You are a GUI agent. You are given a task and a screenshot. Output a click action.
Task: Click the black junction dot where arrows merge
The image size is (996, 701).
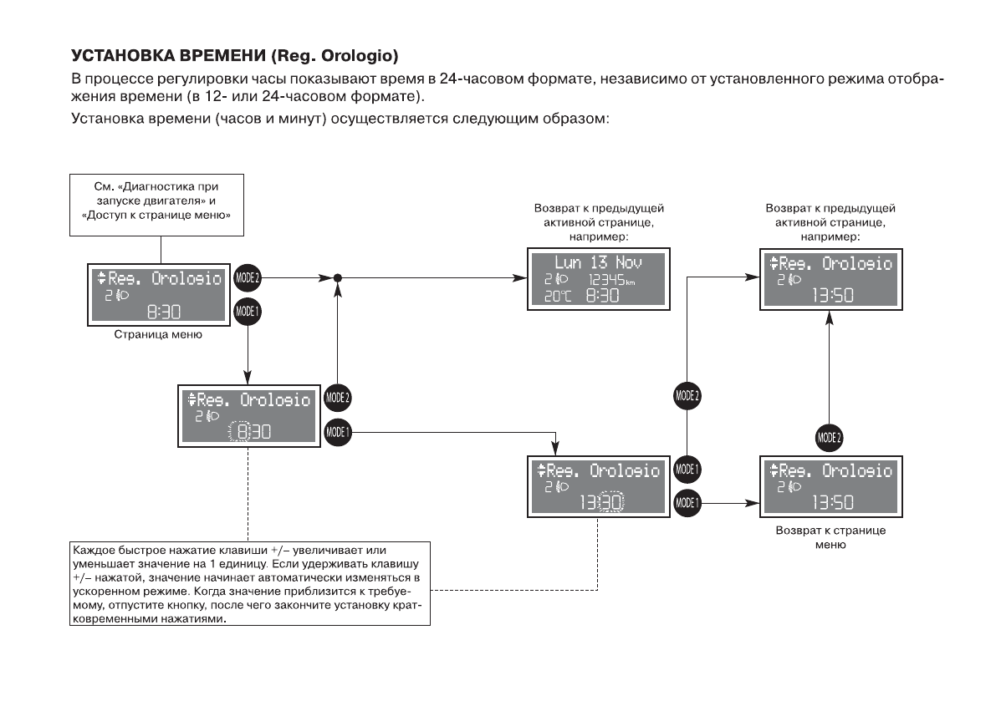coord(337,277)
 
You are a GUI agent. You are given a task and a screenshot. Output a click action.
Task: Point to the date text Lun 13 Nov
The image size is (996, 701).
coord(597,263)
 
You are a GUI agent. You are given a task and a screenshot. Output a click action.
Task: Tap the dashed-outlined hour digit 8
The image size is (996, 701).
coord(243,432)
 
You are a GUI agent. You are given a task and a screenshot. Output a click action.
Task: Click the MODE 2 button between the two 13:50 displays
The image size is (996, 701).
coord(829,437)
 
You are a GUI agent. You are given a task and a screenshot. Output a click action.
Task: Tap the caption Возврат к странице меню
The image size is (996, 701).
coord(830,537)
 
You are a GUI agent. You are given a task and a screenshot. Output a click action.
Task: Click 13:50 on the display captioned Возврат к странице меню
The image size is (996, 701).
coord(833,501)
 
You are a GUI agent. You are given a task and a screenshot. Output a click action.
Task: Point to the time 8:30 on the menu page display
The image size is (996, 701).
coord(162,312)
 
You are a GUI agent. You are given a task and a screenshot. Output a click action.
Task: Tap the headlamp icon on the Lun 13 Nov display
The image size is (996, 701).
coord(562,279)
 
